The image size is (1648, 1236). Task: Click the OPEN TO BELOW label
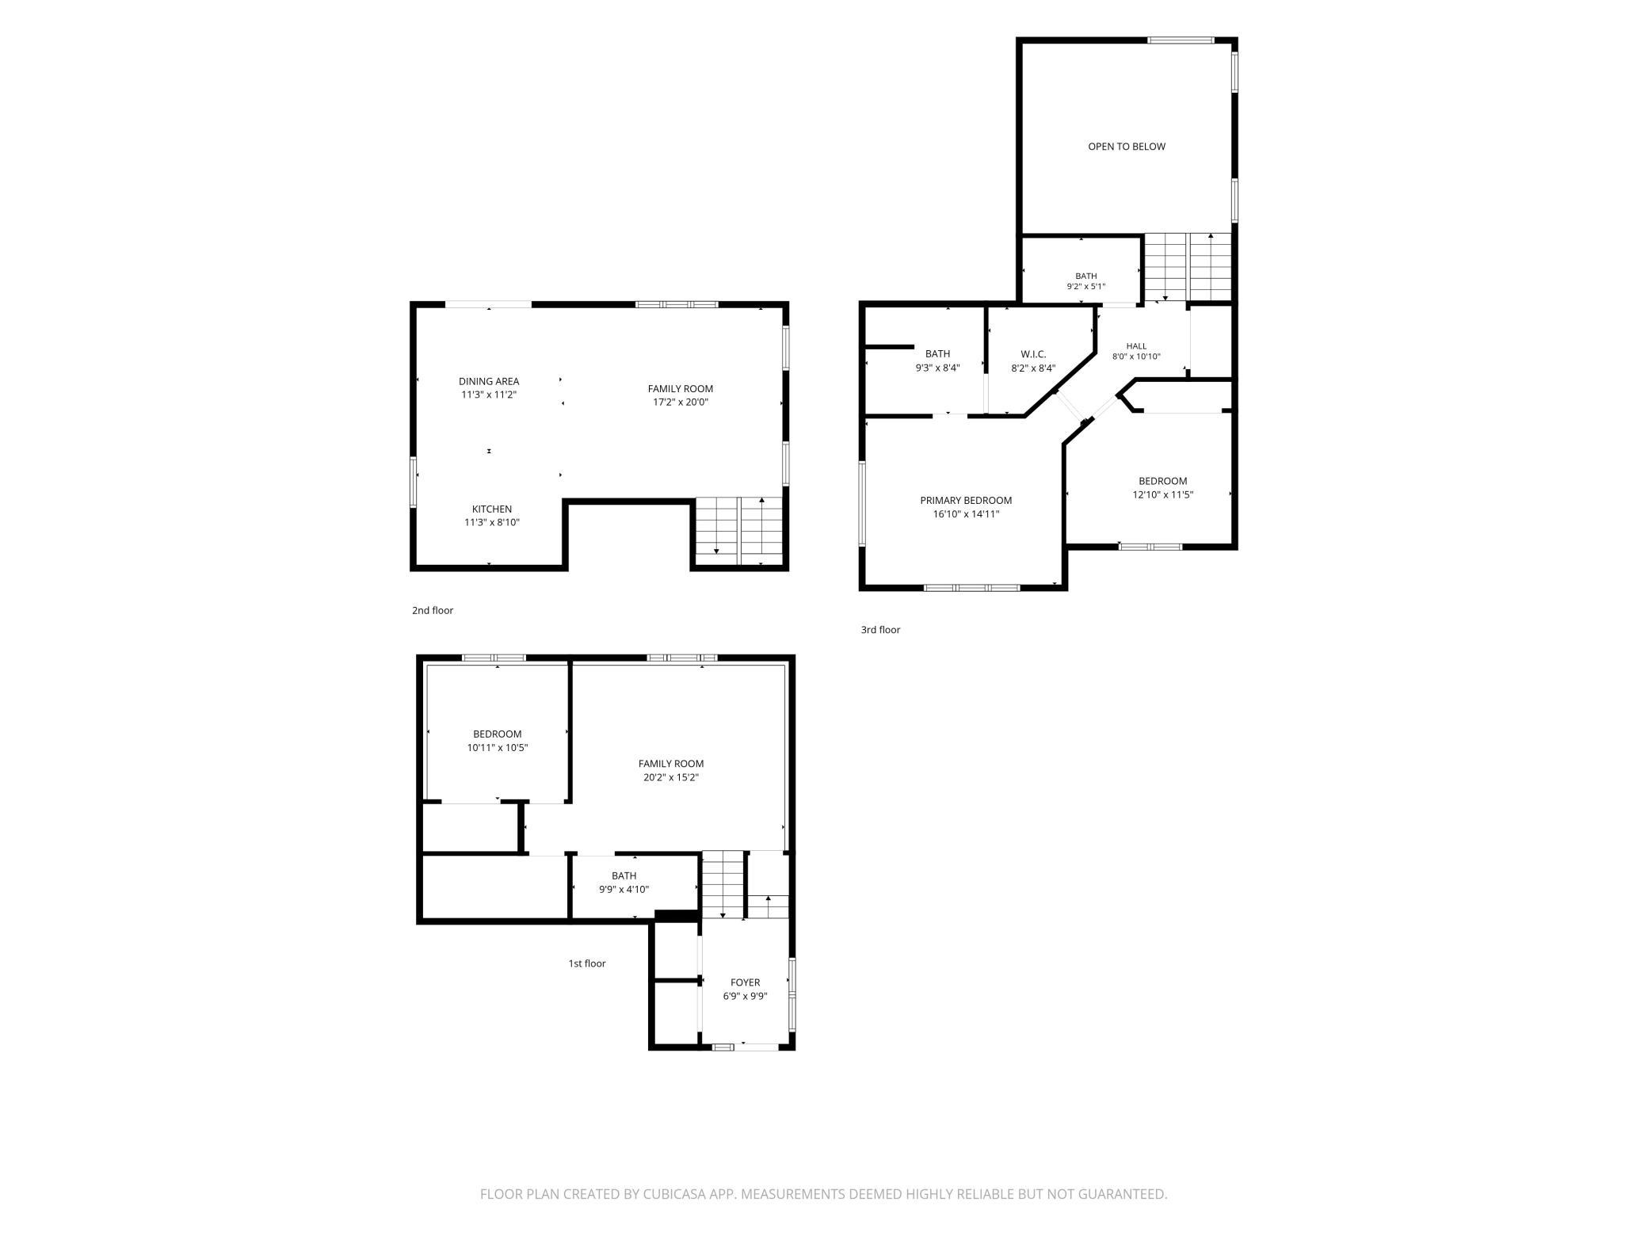point(1126,147)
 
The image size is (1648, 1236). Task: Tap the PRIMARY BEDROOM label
point(966,501)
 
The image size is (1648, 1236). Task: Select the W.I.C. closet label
point(1033,354)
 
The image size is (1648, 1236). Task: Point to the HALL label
point(1136,346)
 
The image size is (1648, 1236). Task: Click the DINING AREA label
point(489,381)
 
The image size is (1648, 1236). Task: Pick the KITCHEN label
point(492,509)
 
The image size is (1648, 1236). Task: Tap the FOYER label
point(746,982)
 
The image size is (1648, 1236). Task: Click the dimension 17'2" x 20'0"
point(681,402)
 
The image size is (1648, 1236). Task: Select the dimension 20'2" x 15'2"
point(671,778)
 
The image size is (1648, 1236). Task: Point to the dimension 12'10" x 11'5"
point(1163,495)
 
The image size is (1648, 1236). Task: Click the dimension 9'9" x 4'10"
point(624,890)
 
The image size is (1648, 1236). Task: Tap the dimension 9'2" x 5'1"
point(1086,287)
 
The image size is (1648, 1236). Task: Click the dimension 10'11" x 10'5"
point(498,748)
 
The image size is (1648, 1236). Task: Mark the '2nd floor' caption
point(433,611)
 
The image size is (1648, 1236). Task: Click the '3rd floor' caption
point(881,630)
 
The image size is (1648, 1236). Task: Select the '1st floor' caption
point(587,963)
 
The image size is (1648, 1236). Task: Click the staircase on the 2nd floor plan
point(739,531)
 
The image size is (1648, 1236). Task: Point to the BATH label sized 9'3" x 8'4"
point(937,354)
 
